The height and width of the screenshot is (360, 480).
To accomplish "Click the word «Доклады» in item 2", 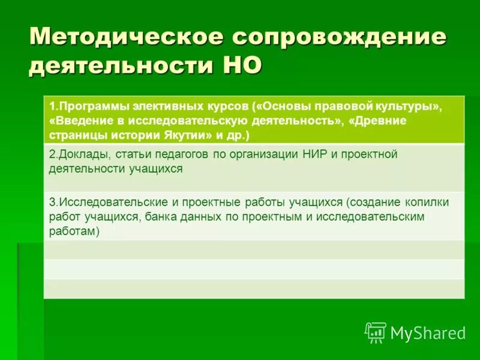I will coord(75,155).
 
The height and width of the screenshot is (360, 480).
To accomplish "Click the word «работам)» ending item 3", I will coord(74,231).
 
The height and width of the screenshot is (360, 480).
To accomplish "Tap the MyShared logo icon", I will coord(375,332).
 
